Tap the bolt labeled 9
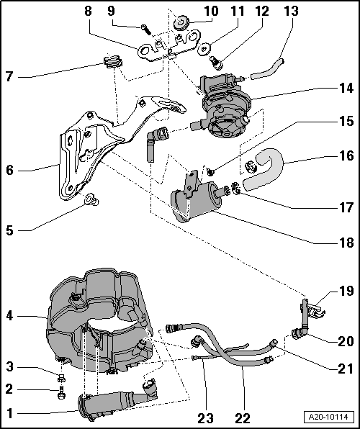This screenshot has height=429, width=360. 146,28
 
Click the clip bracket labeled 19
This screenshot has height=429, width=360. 307,309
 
